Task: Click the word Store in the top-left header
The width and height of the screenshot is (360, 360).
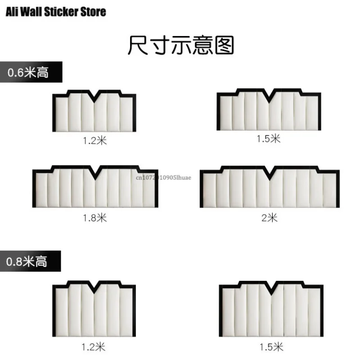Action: (x=91, y=11)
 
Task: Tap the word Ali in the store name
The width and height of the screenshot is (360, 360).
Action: (x=13, y=11)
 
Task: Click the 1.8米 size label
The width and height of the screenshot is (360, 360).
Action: (x=94, y=218)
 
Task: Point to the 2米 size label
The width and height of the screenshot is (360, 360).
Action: (x=270, y=218)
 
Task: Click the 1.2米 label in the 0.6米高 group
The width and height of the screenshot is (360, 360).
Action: (x=94, y=140)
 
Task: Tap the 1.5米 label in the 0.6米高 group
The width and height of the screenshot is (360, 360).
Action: (x=269, y=139)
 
